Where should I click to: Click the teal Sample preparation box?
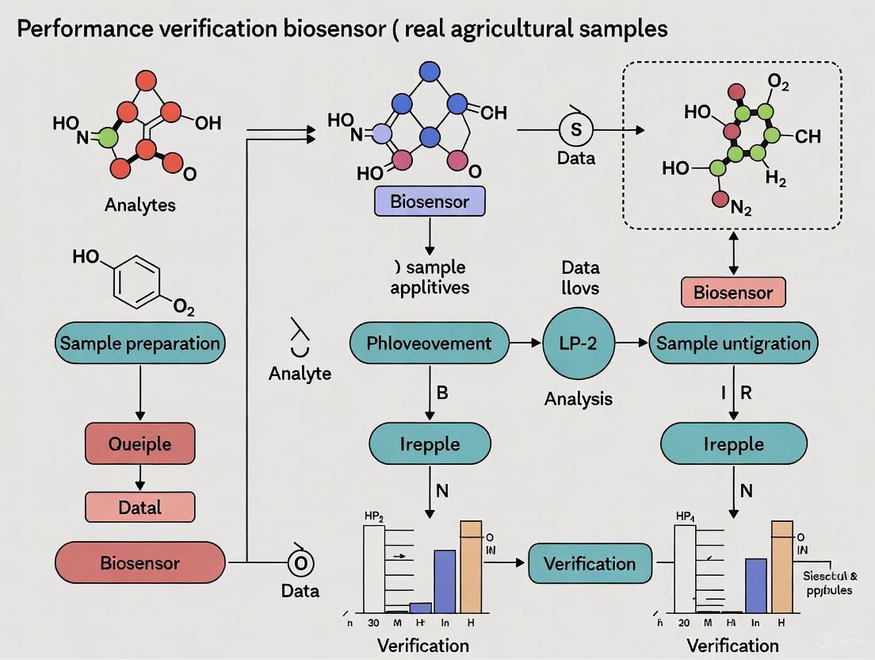(x=140, y=343)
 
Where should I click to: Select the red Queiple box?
(x=139, y=443)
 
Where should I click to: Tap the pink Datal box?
(x=139, y=506)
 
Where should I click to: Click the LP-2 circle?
(x=578, y=343)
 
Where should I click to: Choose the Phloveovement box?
(x=429, y=343)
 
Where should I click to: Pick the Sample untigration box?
(x=733, y=343)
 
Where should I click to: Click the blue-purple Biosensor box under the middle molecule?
(x=429, y=202)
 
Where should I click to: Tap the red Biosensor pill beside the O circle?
(x=139, y=563)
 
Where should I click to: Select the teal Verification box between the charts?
(x=589, y=564)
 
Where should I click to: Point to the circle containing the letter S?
(x=576, y=129)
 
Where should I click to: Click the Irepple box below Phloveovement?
(x=429, y=443)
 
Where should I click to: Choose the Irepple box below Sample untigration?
(x=733, y=443)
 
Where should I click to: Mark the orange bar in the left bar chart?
(x=471, y=566)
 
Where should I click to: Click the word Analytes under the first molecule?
(x=140, y=205)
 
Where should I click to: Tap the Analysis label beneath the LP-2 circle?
(x=578, y=398)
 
